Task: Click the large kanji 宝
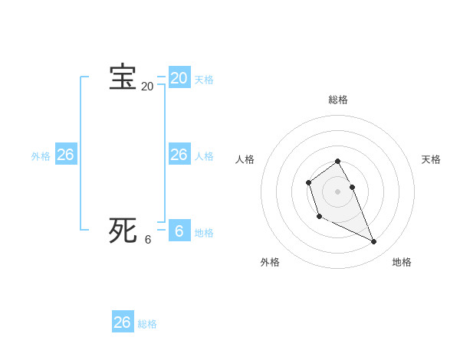pos(123,77)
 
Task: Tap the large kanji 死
pos(123,230)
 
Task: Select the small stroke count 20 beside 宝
pos(147,87)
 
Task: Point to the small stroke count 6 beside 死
pos(148,239)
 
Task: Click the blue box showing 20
pos(179,77)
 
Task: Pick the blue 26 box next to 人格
pos(179,155)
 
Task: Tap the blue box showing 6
pos(179,231)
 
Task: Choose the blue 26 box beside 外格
pos(65,155)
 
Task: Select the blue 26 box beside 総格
pos(122,322)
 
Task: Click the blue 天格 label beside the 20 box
pos(204,80)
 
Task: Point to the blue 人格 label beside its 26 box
pos(204,156)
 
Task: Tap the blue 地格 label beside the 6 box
pos(204,233)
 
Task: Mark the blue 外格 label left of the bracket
pos(41,156)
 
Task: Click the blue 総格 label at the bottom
pos(147,324)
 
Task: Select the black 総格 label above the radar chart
pos(338,100)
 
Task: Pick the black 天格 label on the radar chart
pos(431,159)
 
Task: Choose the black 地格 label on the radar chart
pos(402,262)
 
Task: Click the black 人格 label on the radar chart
pos(245,159)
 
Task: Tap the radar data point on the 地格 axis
pos(373,242)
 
